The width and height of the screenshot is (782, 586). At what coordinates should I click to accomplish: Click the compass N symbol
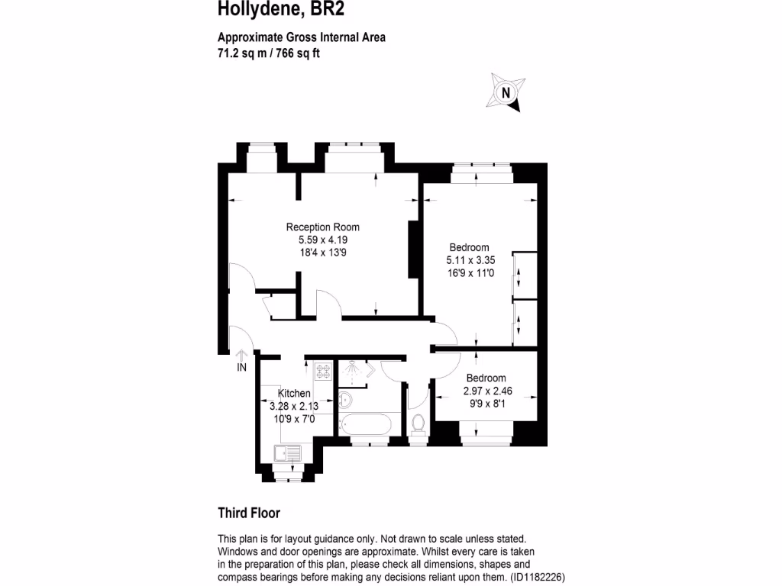(x=504, y=93)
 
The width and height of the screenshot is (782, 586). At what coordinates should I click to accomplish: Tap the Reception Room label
(x=322, y=227)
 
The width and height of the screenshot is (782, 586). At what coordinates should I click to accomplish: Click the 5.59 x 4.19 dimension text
(x=322, y=240)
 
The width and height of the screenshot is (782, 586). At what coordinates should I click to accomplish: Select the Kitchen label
(x=294, y=393)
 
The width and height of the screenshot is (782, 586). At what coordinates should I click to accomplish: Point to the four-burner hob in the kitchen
(x=322, y=370)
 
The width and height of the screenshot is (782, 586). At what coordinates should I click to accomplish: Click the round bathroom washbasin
(x=344, y=398)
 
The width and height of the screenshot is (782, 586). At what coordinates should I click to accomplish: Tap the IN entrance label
(x=241, y=368)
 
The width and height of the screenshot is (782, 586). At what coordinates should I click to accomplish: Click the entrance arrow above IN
(x=241, y=353)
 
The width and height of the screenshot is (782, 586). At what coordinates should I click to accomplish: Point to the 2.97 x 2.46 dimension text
(x=487, y=391)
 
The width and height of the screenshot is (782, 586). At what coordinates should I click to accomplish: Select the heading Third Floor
(x=248, y=513)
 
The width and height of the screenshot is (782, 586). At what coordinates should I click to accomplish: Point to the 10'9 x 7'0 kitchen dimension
(x=294, y=418)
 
